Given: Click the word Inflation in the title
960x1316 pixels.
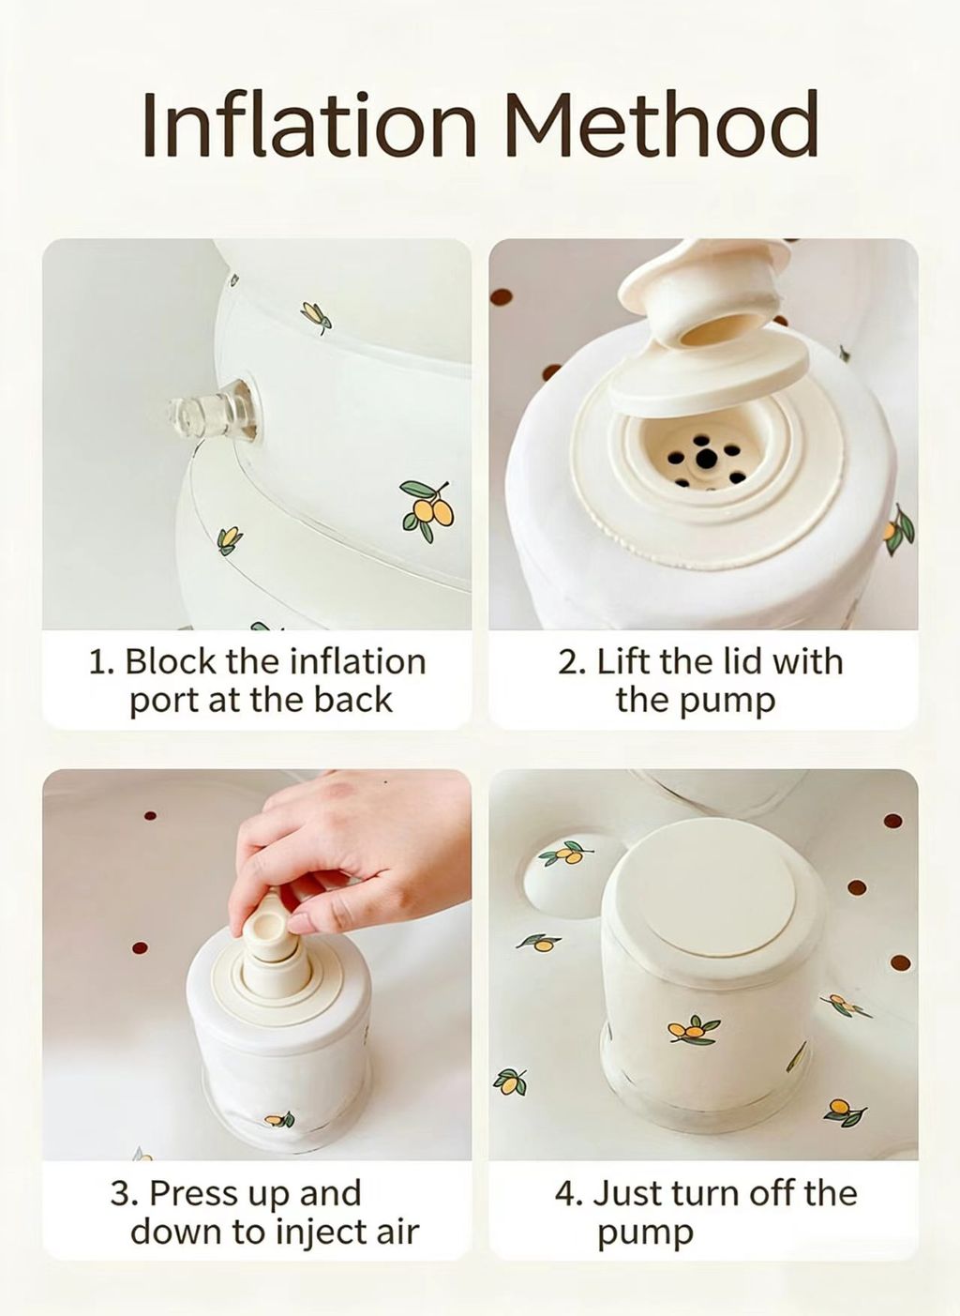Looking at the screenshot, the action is pyautogui.click(x=308, y=124).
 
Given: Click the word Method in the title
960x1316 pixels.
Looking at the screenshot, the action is pyautogui.click(x=662, y=124).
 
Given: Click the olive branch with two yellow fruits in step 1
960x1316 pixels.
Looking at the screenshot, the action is pyautogui.click(x=427, y=510).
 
